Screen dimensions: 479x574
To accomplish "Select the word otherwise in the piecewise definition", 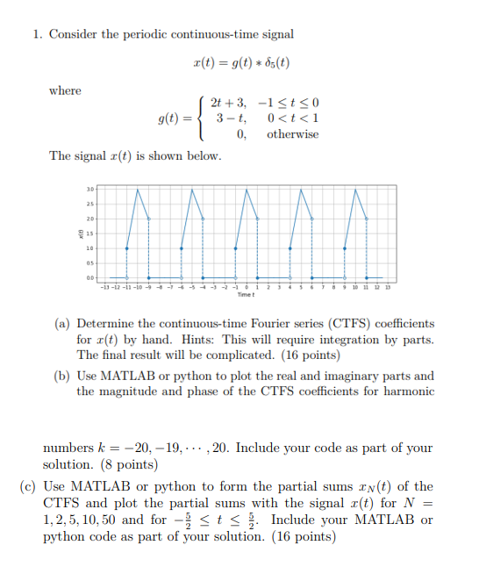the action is click(292, 134).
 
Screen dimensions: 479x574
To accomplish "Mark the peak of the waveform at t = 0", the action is click(247, 188).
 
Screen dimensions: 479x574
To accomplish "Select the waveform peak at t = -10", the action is click(139, 188).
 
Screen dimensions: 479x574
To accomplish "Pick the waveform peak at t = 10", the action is click(355, 188).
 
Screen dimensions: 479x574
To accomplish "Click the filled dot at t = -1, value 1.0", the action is click(236, 248).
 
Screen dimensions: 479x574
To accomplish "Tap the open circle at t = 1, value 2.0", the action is click(258, 219).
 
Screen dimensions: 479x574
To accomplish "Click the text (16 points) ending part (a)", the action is click(308, 355).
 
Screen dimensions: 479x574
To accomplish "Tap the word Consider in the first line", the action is click(74, 34).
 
